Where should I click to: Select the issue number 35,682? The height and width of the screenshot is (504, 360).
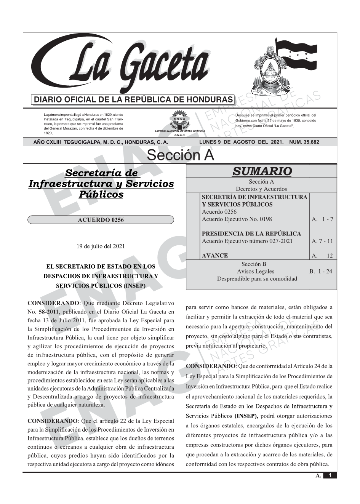[310, 142]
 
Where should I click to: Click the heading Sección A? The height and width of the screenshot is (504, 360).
[180, 155]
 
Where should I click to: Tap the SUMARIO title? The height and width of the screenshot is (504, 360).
[262, 171]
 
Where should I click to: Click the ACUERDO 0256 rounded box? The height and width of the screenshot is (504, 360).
[101, 220]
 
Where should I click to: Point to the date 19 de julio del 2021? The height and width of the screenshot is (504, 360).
[101, 246]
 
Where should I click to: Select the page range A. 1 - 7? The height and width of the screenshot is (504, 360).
[322, 219]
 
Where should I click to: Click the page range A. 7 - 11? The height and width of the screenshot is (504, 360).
[322, 241]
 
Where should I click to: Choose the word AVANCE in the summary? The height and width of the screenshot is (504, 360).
[215, 256]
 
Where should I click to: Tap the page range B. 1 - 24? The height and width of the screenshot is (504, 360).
[321, 271]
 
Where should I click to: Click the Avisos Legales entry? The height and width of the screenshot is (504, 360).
[255, 271]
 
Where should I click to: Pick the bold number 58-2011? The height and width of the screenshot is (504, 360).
[46, 312]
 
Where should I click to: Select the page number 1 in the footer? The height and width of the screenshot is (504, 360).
[330, 475]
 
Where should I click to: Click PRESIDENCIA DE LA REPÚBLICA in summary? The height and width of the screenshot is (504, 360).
[251, 234]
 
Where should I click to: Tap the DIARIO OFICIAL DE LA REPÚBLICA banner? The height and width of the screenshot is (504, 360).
[133, 100]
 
